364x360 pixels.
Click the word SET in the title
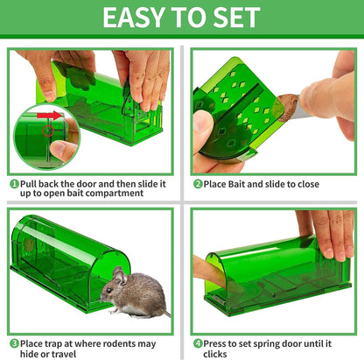[x=234, y=18]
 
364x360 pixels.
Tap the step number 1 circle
[x=14, y=184]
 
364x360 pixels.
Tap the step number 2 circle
[x=198, y=184]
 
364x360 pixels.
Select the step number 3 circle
[x=14, y=342]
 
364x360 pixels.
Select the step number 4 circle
[x=198, y=342]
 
